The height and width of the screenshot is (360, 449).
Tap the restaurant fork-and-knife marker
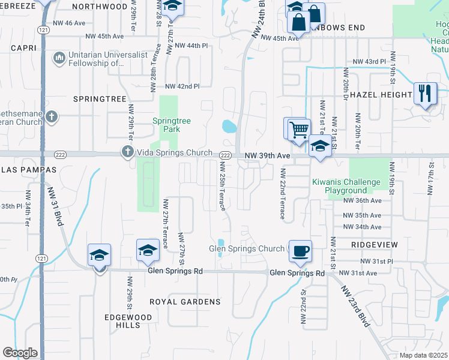pos(425,94)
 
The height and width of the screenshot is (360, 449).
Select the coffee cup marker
pos(300,251)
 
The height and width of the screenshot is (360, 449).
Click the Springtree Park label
pos(171,125)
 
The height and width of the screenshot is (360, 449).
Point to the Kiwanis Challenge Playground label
pos(345,186)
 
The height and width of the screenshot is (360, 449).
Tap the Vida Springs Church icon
pos(127,152)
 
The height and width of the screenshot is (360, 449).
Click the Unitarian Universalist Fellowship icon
pos(59,58)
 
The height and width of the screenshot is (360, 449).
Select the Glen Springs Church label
pos(247,248)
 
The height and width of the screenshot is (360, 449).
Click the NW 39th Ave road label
pos(267,155)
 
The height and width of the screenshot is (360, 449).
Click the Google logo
pos(20,353)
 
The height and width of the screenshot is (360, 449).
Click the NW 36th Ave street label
pos(362,200)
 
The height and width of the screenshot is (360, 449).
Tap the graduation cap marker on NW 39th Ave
pos(320,147)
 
